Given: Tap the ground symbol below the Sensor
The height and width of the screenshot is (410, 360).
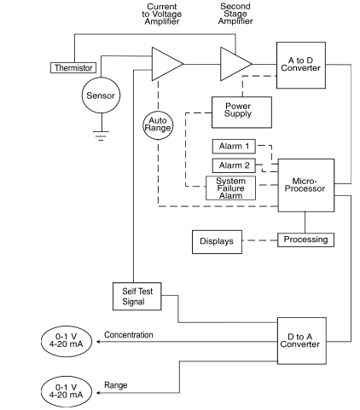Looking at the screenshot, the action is point(101,136).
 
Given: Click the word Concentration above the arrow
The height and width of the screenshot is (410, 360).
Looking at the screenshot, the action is point(129,335).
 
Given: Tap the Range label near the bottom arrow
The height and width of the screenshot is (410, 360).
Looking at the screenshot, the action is point(116,385).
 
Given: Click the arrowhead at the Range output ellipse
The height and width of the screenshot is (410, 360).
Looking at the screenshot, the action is point(98,393).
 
